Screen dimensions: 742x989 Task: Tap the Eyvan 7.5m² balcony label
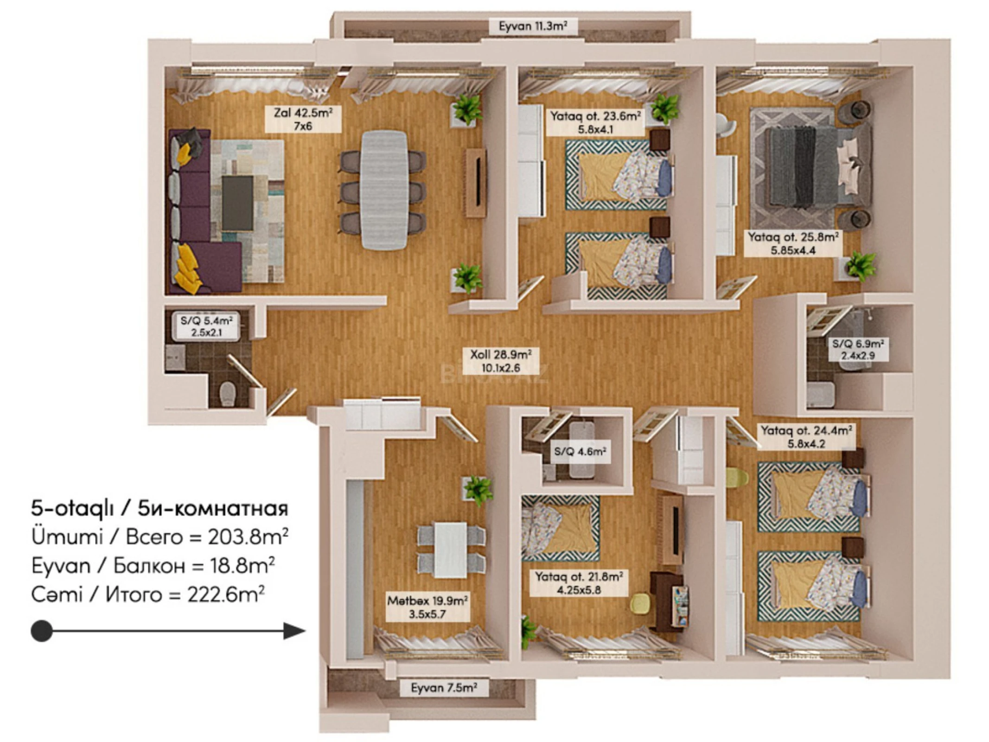[444, 688]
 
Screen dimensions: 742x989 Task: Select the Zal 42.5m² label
[303, 119]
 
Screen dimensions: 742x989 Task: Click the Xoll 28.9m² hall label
[500, 361]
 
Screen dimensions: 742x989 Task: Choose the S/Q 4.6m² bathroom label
[580, 451]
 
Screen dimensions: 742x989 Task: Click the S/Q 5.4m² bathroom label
[206, 326]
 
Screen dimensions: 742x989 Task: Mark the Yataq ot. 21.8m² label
[579, 583]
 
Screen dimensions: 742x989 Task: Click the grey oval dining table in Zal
[384, 190]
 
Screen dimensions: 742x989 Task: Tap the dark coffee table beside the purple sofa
[238, 203]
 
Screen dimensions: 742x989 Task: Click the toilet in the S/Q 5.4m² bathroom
[227, 393]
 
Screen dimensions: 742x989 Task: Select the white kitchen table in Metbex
[450, 550]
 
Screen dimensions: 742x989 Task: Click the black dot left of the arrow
[42, 631]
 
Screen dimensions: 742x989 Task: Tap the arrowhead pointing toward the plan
[294, 631]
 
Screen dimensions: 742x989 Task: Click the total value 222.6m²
[226, 595]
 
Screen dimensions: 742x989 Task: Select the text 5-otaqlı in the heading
[72, 509]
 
